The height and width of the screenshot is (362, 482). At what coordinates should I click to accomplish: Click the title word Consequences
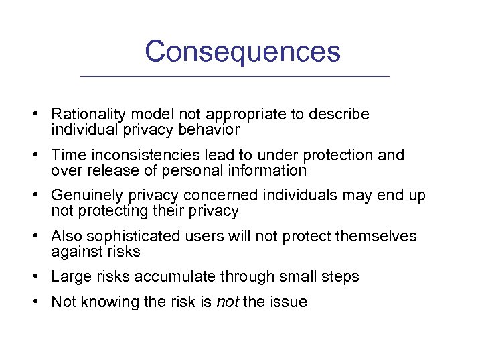click(242, 52)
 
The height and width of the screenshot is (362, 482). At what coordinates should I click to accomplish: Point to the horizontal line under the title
click(234, 77)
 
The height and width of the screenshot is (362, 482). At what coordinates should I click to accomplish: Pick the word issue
click(289, 302)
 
